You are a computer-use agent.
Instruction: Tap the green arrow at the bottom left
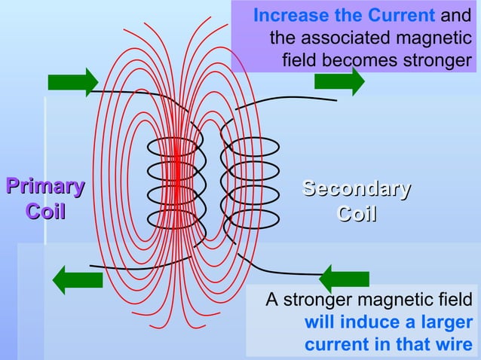coord(77,279)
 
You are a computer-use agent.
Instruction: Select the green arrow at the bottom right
coord(344,279)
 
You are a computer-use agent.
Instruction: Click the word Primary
coord(44,187)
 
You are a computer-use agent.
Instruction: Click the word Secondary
coord(356,188)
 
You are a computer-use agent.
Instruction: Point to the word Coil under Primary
coord(45,212)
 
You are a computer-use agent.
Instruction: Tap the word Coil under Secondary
coord(356,214)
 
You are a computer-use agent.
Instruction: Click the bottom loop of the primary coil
coord(175,220)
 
